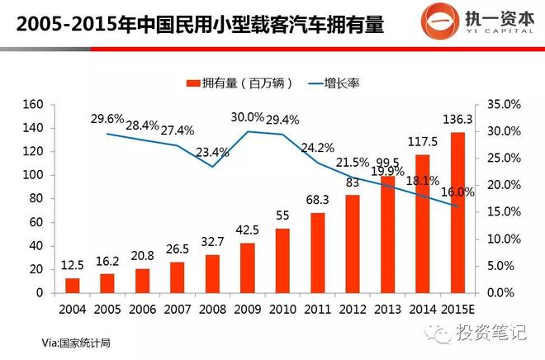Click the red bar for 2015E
457,212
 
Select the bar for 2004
73,286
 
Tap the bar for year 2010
282,260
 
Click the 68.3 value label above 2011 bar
318,198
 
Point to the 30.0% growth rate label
248,117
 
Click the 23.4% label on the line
213,152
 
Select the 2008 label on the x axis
212,309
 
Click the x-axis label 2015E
457,309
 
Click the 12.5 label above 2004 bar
73,264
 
